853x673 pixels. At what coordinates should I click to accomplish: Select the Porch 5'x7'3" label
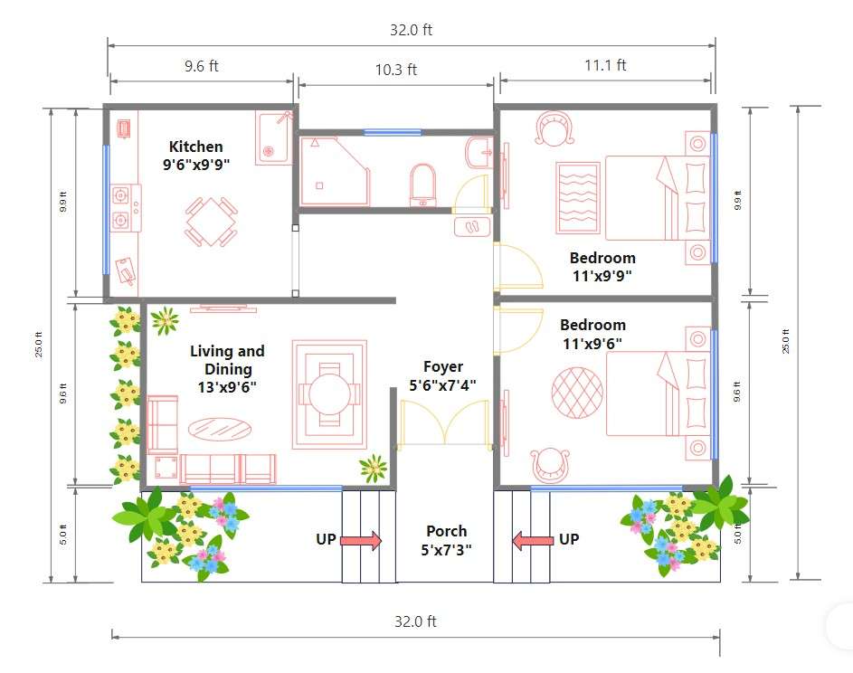pyautogui.click(x=446, y=540)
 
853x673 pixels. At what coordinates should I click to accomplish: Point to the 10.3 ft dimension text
pyautogui.click(x=396, y=70)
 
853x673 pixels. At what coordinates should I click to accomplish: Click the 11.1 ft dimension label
pyautogui.click(x=605, y=65)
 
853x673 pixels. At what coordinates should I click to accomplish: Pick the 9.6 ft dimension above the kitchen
pyautogui.click(x=202, y=66)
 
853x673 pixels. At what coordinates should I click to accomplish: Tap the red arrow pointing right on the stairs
pyautogui.click(x=361, y=540)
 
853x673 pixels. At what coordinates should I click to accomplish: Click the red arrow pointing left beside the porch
pyautogui.click(x=533, y=541)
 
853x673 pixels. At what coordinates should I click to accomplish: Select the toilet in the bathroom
pyautogui.click(x=423, y=185)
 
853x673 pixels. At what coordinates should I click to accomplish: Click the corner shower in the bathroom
pyautogui.click(x=335, y=171)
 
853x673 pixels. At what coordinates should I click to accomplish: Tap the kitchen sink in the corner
pyautogui.click(x=272, y=137)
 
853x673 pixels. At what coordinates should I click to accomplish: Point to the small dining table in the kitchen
pyautogui.click(x=211, y=222)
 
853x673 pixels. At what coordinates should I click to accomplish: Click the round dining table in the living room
pyautogui.click(x=329, y=394)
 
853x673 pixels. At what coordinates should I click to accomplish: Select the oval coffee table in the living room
pyautogui.click(x=220, y=429)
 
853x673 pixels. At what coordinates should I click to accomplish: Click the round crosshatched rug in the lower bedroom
pyautogui.click(x=577, y=393)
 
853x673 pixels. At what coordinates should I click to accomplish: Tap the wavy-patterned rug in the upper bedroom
pyautogui.click(x=578, y=198)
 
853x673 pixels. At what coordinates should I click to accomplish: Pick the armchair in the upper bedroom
pyautogui.click(x=554, y=128)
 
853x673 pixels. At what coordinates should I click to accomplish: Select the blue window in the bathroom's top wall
pyautogui.click(x=393, y=132)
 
